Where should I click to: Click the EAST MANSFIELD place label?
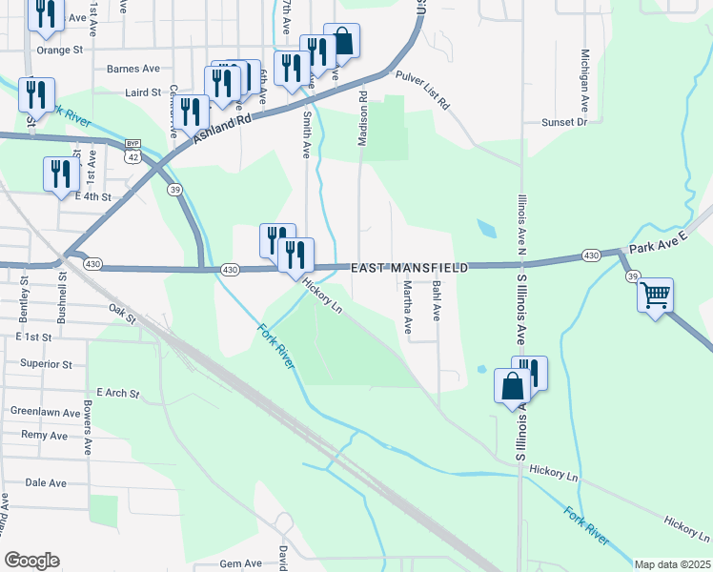(x=410, y=270)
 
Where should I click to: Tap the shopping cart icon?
(x=655, y=296)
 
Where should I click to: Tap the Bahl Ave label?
(x=437, y=299)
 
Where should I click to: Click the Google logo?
(x=31, y=561)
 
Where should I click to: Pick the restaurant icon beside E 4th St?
(x=59, y=174)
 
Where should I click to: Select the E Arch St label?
(x=118, y=393)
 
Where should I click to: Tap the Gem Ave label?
(x=240, y=563)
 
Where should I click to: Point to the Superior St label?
(x=47, y=364)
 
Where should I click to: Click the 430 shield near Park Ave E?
(x=590, y=255)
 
